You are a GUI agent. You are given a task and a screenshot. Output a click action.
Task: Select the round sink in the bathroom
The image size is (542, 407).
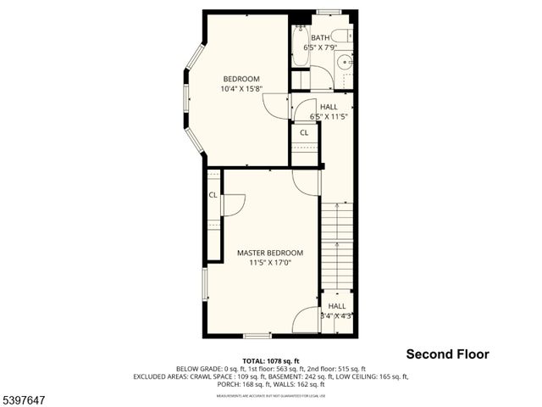344,62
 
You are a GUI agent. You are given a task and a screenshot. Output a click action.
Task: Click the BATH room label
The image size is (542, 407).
320,38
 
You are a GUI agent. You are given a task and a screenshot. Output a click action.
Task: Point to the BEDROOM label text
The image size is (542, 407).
241,79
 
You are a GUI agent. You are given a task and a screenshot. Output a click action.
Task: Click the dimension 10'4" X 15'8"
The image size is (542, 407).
241,89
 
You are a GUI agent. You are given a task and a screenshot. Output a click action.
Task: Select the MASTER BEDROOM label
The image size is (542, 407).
269,253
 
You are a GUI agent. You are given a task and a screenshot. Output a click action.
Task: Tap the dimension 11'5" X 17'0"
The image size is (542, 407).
269,263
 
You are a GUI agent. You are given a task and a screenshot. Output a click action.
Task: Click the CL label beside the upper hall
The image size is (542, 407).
303,132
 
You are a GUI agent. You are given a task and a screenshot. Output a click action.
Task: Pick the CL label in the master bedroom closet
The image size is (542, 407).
213,194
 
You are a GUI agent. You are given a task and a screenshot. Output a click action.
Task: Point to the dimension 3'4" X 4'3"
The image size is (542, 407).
336,315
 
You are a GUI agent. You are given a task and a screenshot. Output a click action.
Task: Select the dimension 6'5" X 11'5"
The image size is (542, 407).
329,116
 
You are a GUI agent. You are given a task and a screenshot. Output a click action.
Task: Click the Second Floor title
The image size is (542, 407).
447,354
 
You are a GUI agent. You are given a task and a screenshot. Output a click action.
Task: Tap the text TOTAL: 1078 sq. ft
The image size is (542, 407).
270,360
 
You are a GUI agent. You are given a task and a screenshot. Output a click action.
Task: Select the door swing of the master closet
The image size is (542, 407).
234,203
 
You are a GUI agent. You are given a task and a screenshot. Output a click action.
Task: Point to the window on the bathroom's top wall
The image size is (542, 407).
328,12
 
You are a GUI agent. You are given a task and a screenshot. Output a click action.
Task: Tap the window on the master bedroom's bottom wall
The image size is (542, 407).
257,336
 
